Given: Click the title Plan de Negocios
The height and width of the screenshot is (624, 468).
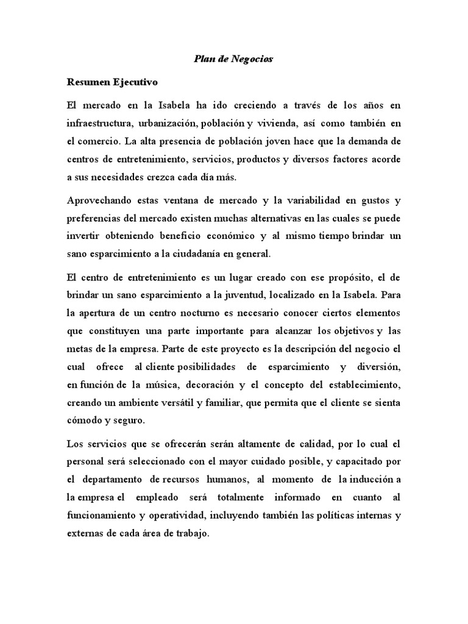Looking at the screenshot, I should click(x=233, y=59).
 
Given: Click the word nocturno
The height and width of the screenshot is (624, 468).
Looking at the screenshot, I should click(x=214, y=313).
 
